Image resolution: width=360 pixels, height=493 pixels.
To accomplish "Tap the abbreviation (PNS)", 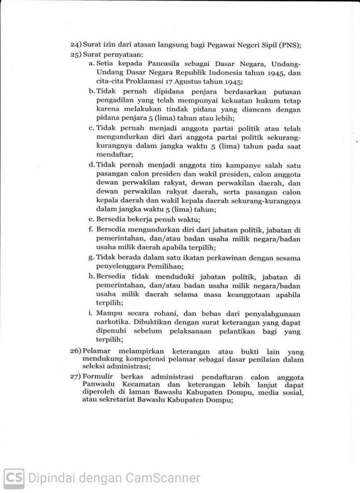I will click(x=290, y=45).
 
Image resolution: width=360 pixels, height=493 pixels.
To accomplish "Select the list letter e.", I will click(x=90, y=219).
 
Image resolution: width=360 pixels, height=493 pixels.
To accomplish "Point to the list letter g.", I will click(x=90, y=258).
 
